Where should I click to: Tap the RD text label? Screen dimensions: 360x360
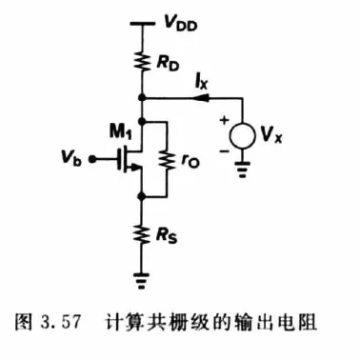(168, 64)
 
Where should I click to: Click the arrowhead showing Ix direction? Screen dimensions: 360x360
(201, 98)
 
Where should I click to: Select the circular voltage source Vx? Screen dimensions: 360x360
(243, 135)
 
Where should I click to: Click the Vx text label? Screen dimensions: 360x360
(271, 135)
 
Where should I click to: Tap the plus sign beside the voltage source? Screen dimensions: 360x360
(225, 120)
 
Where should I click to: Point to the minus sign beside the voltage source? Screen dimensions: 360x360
(224, 151)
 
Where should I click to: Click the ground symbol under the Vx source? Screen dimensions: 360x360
(243, 170)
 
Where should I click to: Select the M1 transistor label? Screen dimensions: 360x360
(120, 131)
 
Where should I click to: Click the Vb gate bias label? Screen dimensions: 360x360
(71, 158)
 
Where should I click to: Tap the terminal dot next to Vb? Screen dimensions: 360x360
(91, 160)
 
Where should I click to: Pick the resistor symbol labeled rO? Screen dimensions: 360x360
(167, 160)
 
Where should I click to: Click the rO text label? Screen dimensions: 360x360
(190, 162)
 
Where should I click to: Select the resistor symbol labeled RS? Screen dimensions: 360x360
(143, 235)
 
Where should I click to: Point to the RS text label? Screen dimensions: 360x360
(167, 236)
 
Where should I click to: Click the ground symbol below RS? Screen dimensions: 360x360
(142, 280)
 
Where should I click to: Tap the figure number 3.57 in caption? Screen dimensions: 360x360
(60, 323)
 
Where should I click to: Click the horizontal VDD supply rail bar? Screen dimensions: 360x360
(142, 23)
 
